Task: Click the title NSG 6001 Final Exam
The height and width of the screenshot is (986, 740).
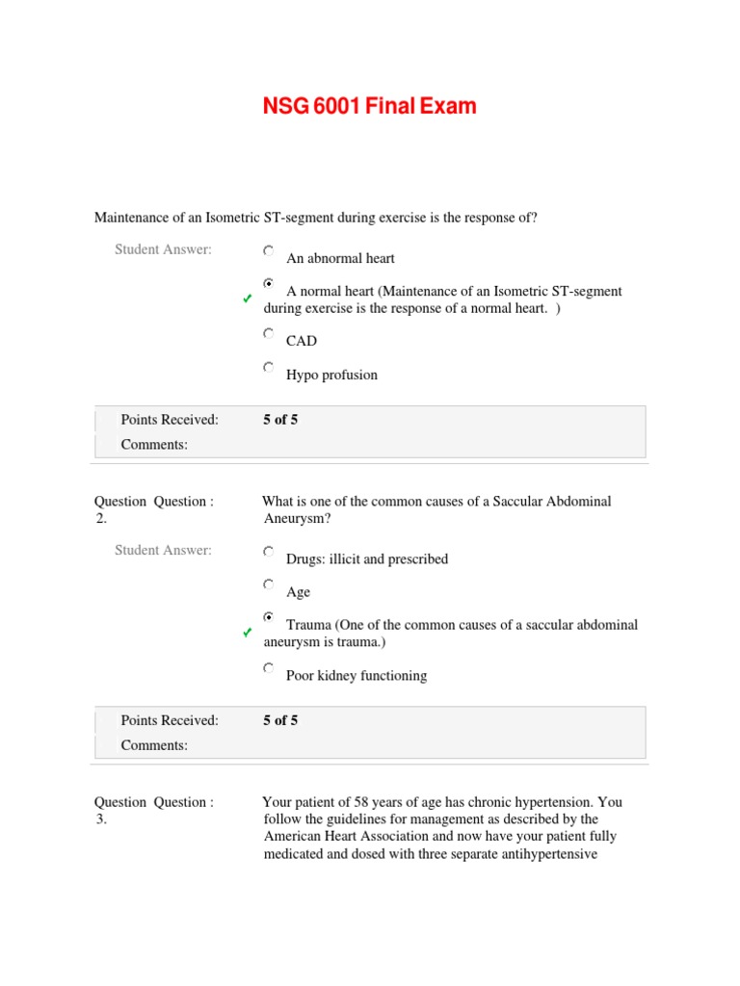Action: click(x=370, y=106)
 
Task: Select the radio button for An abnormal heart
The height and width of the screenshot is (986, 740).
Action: click(x=268, y=250)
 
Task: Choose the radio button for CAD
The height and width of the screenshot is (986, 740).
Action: click(x=268, y=333)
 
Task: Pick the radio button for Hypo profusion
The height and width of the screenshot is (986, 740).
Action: click(x=268, y=368)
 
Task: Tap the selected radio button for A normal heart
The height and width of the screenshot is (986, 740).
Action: click(x=268, y=284)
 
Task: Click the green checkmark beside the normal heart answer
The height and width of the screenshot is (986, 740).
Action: click(x=248, y=300)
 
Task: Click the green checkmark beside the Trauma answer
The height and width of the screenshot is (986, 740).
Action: click(x=248, y=634)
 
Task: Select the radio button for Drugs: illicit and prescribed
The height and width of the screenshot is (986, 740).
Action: click(x=268, y=552)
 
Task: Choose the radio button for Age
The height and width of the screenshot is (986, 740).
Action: click(x=268, y=584)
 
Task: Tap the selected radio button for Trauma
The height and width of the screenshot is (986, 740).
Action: click(x=268, y=617)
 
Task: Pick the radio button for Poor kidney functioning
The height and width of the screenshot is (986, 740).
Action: click(x=268, y=668)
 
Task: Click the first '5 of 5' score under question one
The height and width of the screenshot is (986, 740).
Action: click(x=280, y=420)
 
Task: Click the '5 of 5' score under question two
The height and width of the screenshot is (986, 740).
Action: click(x=280, y=720)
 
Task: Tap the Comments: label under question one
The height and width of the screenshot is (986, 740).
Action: click(x=154, y=445)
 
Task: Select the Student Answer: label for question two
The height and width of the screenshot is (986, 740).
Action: click(x=163, y=551)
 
